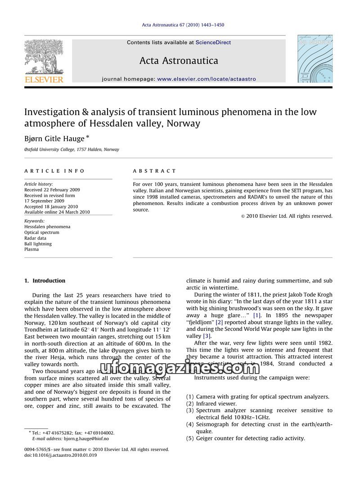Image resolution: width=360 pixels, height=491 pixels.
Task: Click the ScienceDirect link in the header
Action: pos(213,42)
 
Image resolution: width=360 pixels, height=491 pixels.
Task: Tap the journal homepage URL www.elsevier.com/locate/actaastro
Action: pos(206,79)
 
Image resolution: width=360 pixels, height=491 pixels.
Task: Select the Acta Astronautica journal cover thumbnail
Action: pos(315,59)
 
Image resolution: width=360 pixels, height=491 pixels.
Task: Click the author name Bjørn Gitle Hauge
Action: pos(54,139)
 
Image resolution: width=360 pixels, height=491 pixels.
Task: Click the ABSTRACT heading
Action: pos(154,171)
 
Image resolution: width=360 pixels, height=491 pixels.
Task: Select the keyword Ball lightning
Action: pos(38,243)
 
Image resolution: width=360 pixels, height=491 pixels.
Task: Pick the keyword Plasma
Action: pos(31,249)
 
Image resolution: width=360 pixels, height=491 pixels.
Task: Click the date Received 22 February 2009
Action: pos(52,189)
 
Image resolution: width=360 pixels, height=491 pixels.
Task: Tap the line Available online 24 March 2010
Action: pos(57,212)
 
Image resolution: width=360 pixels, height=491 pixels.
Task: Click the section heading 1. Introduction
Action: pos(45,280)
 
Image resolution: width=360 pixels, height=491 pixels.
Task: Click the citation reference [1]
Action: pos(256,315)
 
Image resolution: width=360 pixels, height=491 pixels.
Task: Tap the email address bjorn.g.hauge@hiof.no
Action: pos(86,438)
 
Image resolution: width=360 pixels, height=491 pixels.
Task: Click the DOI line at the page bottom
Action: pos(60,455)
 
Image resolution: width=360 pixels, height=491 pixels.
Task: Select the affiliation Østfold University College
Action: pos(72,149)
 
